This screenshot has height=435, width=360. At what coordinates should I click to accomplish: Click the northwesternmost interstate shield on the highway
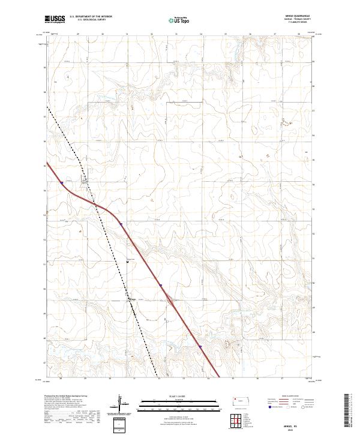62,183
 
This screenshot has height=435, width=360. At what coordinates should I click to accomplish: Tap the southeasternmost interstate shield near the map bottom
200,346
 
